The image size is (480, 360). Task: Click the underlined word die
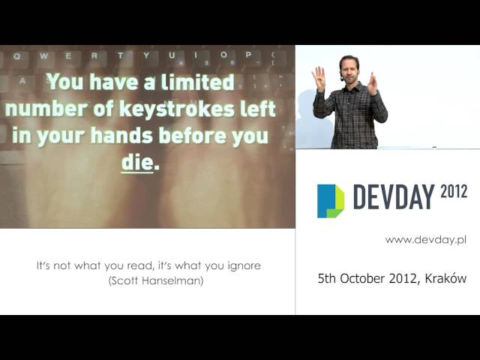[x=137, y=163]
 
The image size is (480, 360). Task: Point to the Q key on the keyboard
[x=17, y=57]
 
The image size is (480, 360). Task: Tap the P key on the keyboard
[x=248, y=55]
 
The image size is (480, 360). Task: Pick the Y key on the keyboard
[x=146, y=55]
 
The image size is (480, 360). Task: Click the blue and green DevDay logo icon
[x=331, y=201]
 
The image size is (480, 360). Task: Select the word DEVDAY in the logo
[x=394, y=196]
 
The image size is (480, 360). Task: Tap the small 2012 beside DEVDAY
[x=454, y=192]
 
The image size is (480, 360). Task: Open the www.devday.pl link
[x=426, y=240]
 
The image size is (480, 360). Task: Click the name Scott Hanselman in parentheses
[x=156, y=280]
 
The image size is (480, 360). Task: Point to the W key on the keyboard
[x=43, y=56]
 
